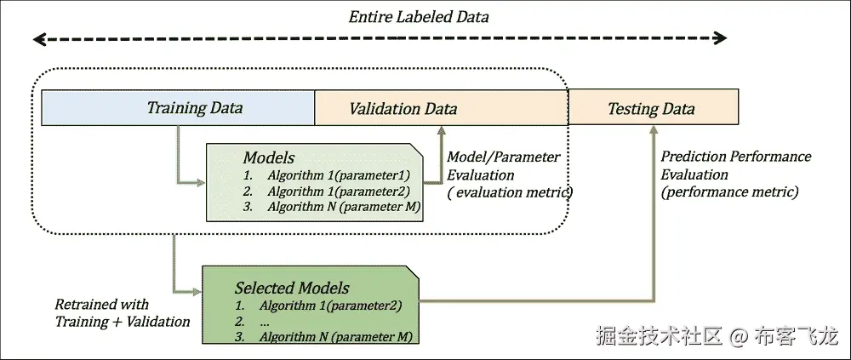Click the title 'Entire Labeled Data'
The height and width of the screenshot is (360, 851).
click(x=420, y=17)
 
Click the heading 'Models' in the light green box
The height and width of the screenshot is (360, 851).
click(x=269, y=157)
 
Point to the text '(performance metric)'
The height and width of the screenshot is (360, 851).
click(x=729, y=192)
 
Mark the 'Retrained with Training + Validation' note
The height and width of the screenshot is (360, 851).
click(x=122, y=313)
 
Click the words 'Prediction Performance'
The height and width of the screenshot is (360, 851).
click(x=736, y=157)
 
